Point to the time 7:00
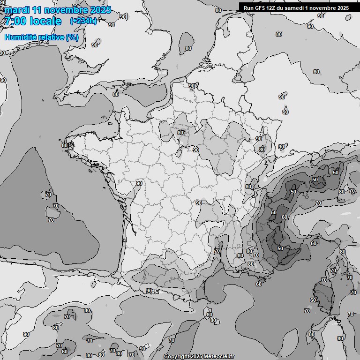coord(15,21)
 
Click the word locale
coord(45,21)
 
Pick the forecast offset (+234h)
coord(83,21)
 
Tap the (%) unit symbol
coord(72,37)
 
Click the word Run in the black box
coord(248,7)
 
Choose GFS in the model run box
coord(260,7)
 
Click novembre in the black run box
coord(327,7)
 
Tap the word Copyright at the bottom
coord(177,357)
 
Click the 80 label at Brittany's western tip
coord(65,145)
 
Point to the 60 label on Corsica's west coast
coord(313,300)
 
